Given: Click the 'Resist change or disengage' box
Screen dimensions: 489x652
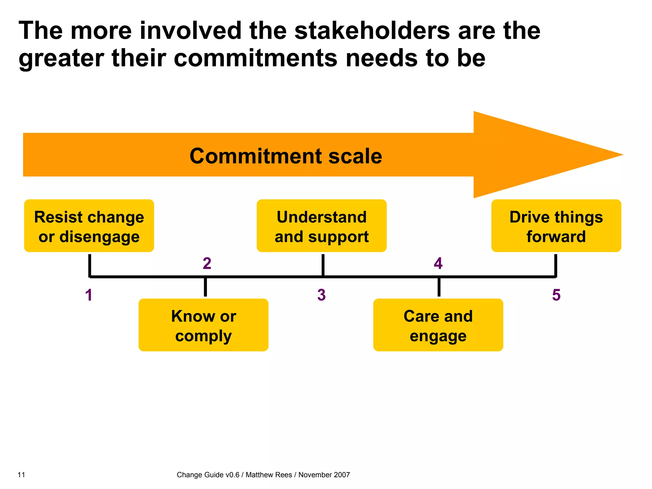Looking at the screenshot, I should pyautogui.click(x=89, y=226).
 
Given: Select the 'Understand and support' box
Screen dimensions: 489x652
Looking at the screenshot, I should pyautogui.click(x=322, y=226).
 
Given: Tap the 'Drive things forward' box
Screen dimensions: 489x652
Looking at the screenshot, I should pyautogui.click(x=556, y=226).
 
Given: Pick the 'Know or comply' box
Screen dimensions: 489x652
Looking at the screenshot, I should pyautogui.click(x=203, y=325).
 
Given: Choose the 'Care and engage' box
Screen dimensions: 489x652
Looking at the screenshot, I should pyautogui.click(x=438, y=325).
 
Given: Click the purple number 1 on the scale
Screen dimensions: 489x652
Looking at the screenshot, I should pyautogui.click(x=89, y=295).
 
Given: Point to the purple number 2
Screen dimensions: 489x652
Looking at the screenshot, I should pyautogui.click(x=207, y=264).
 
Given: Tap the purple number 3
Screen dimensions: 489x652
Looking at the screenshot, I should pyautogui.click(x=322, y=295).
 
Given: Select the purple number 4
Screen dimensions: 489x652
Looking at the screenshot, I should pyautogui.click(x=438, y=264).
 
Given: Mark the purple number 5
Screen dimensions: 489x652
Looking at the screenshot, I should pyautogui.click(x=556, y=295).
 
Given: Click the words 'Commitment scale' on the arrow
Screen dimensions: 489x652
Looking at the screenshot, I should pyautogui.click(x=286, y=156).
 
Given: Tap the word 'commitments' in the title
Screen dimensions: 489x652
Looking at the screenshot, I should pyautogui.click(x=255, y=59).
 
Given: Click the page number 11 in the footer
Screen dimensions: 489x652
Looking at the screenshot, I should pyautogui.click(x=21, y=475).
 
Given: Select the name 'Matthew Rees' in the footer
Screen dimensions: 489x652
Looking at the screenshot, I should pyautogui.click(x=269, y=475).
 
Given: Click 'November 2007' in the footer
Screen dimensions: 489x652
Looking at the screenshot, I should pyautogui.click(x=324, y=475).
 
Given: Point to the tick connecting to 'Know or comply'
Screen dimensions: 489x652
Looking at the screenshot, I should pyautogui.click(x=205, y=287).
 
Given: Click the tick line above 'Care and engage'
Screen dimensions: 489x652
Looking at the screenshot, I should pyautogui.click(x=439, y=287).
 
